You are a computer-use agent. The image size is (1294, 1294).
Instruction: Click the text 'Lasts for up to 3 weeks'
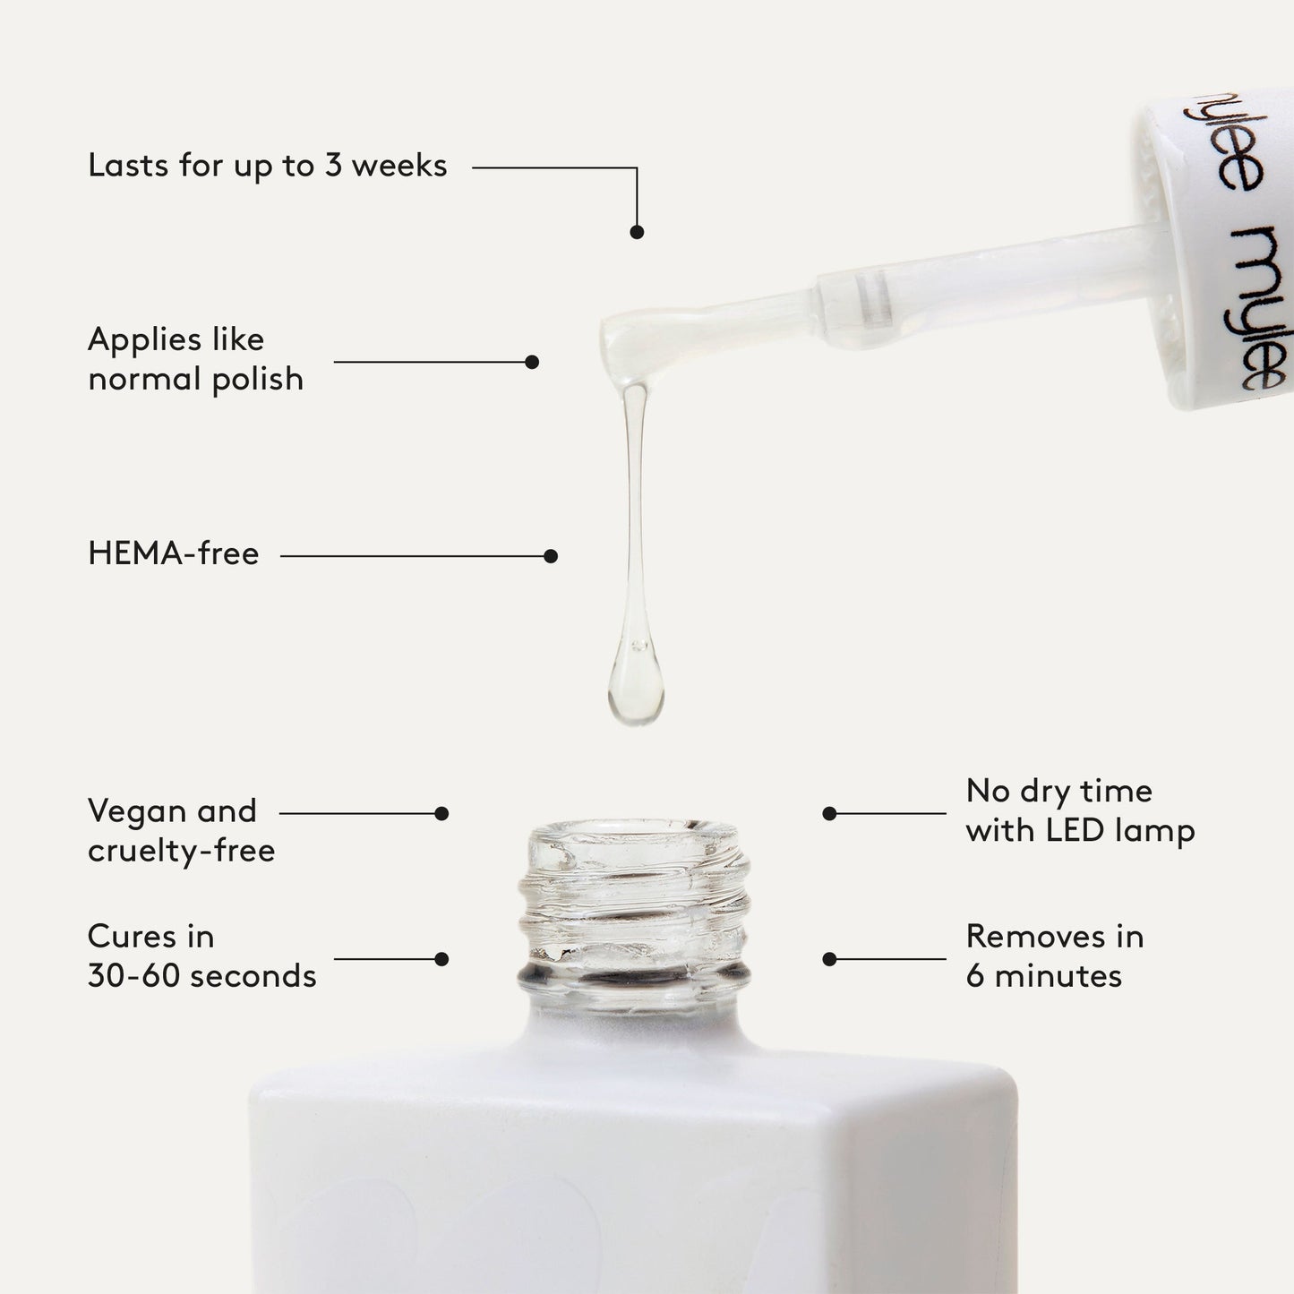coord(267,167)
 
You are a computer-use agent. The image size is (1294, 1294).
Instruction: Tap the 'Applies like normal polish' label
coord(195,359)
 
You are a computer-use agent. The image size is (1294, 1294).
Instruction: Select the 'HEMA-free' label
coord(174,554)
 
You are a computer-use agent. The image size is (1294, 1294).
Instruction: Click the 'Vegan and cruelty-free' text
coord(181,830)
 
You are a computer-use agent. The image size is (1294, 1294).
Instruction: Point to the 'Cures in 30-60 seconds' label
coord(201,956)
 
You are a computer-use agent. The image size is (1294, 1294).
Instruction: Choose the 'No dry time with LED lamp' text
coord(1080,810)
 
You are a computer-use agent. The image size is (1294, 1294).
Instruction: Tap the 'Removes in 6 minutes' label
coord(1055,956)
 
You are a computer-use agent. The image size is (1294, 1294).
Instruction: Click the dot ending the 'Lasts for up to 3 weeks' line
coord(637,232)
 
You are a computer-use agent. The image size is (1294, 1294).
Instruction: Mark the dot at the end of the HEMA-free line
coord(551,556)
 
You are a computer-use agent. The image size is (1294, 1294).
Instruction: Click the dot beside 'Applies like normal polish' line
coord(532,362)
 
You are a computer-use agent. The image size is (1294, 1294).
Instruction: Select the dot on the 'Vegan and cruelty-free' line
coord(441,814)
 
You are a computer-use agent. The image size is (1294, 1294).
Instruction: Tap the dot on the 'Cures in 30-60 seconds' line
coord(441,959)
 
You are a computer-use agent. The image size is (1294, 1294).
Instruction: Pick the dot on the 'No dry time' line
coord(829,814)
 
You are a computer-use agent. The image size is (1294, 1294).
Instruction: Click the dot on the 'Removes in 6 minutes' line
coord(829,959)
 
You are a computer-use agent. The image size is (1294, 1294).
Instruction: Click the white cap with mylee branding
coord(1227,251)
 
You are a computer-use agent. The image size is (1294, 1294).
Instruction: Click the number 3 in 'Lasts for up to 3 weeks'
coord(333,166)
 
